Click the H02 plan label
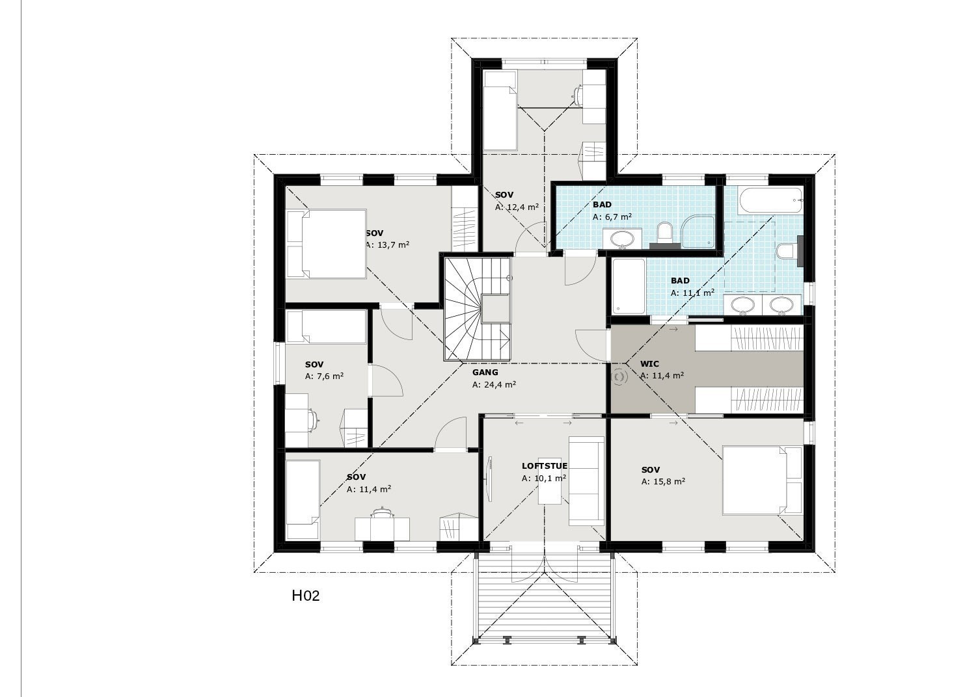305,596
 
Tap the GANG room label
485,373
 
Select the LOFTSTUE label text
544,466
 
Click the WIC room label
649,364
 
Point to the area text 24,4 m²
494,384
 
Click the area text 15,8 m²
663,482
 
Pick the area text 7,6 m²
324,376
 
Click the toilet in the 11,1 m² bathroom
789,251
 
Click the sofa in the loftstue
586,480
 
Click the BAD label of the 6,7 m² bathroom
602,205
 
